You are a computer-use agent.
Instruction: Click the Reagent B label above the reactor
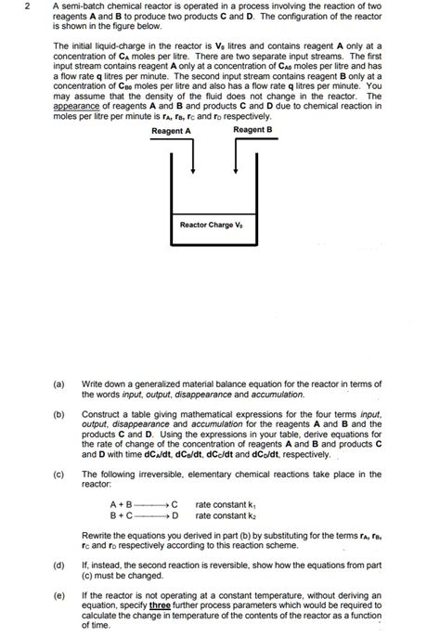click(252, 131)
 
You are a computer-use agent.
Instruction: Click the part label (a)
click(59, 382)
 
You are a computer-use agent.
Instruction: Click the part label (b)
click(59, 412)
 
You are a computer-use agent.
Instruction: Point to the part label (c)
click(59, 474)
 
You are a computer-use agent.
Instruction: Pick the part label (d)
click(59, 564)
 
